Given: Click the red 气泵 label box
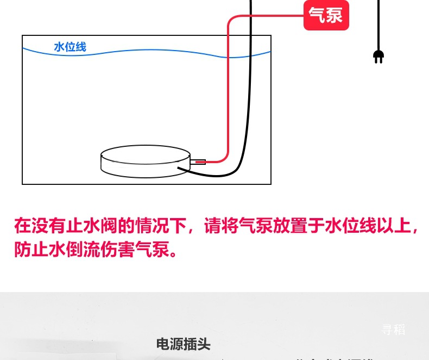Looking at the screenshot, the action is tap(326, 15).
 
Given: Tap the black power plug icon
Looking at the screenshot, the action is tap(378, 56).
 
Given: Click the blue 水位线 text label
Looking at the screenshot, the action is tap(70, 47).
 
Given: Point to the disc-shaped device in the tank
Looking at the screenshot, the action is tap(146, 161).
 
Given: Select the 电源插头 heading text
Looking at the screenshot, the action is tap(183, 344).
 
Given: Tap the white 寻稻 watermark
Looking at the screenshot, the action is tap(393, 330).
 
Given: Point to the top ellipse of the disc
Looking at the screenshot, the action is tap(146, 154).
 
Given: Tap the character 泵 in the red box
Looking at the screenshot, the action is tap(335, 15).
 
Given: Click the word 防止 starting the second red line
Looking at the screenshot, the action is tap(31, 250).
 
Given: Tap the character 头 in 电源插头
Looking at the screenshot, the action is tap(204, 344).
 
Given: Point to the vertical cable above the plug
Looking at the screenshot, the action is tap(378, 24).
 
